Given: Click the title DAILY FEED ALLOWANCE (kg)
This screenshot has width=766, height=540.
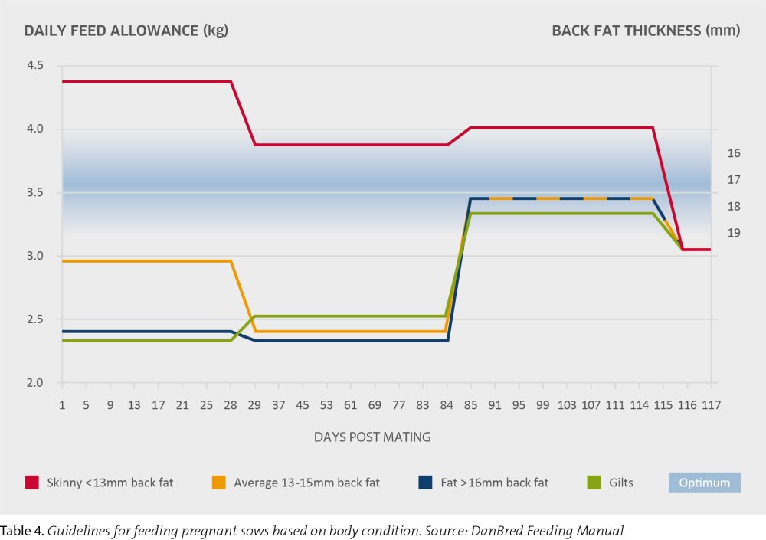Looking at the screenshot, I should coord(126,31).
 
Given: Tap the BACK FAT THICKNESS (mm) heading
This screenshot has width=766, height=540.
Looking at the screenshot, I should coord(646,31).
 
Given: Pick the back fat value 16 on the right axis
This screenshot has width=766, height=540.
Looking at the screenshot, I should coord(734,153).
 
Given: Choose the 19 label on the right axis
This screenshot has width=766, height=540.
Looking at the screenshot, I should coord(734,233).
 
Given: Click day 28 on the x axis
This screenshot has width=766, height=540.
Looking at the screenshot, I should coord(231,403).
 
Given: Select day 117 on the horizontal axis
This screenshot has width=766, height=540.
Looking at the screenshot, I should coord(710,403).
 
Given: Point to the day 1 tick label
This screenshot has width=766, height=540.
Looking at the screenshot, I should coord(62,403).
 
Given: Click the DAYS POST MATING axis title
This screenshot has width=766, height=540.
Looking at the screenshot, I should coord(372,437).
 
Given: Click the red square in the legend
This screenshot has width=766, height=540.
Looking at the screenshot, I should coord(31,483).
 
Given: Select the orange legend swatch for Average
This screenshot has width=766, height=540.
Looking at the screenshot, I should coord(218,483).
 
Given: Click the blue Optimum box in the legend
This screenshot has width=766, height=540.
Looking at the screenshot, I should coord(705,483).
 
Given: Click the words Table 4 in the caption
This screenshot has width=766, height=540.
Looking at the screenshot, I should coord(22,529).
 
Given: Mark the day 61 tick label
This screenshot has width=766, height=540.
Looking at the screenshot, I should coord(350,403).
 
